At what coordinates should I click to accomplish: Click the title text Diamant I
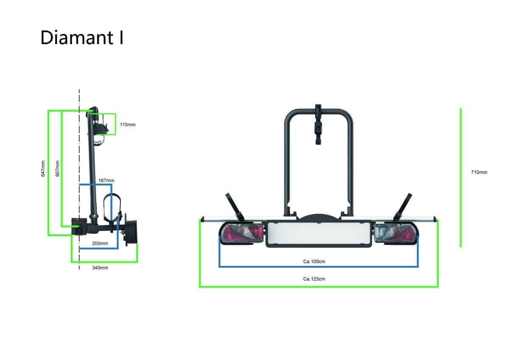pyautogui.click(x=82, y=38)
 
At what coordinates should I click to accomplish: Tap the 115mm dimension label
pyautogui.click(x=128, y=125)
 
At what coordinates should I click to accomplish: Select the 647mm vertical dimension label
pyautogui.click(x=43, y=169)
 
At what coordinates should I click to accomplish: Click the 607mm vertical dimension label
pyautogui.click(x=57, y=169)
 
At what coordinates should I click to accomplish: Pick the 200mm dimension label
pyautogui.click(x=100, y=243)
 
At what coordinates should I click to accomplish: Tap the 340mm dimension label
pyautogui.click(x=100, y=268)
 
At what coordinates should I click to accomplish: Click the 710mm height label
pyautogui.click(x=479, y=172)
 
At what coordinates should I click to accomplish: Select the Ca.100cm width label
pyautogui.click(x=314, y=262)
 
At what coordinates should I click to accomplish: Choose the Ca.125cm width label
pyautogui.click(x=314, y=279)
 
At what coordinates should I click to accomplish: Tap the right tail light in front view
pyautogui.click(x=396, y=233)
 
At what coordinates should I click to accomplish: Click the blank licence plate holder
pyautogui.click(x=319, y=233)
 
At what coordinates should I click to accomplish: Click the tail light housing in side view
pyautogui.click(x=131, y=232)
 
